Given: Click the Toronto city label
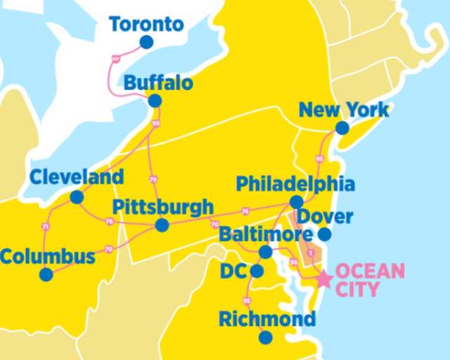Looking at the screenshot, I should (146, 25).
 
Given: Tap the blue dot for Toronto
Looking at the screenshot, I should (146, 42).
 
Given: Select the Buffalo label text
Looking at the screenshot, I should (158, 84).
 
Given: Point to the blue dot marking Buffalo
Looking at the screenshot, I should (155, 101).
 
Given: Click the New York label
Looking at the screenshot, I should (343, 110).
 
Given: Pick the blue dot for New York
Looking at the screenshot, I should (342, 128).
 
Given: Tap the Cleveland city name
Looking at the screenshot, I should (76, 176).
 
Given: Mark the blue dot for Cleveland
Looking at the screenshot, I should (77, 198).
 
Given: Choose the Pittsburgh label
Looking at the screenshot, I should (162, 207).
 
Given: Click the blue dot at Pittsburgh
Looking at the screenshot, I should (162, 225).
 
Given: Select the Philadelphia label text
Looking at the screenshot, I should (295, 184).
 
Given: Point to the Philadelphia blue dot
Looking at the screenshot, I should (297, 202).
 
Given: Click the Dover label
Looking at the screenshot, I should (326, 216).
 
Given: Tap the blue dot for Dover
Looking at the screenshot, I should (324, 234).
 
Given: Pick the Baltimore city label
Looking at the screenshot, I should (265, 234).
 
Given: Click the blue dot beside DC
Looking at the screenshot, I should (257, 271).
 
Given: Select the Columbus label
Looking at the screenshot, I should (47, 257).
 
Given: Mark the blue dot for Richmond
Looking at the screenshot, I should (265, 337).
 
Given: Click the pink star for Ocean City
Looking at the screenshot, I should (323, 279).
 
